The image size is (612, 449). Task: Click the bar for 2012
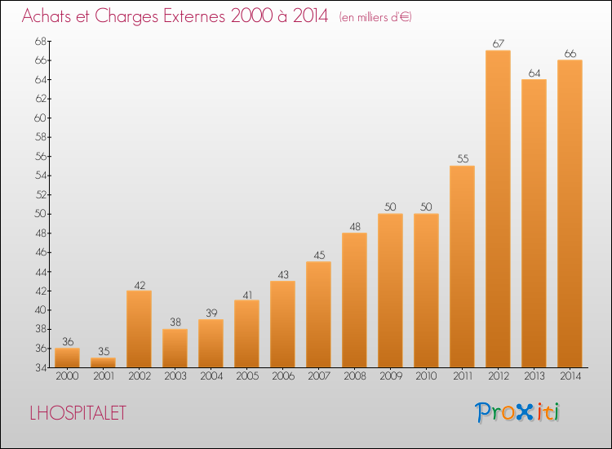click(x=498, y=209)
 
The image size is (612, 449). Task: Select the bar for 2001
click(x=103, y=362)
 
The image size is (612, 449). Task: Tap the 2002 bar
click(x=139, y=329)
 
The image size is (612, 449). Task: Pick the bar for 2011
click(x=462, y=267)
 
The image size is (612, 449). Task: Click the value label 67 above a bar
click(x=499, y=44)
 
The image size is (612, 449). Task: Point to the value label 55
click(x=463, y=159)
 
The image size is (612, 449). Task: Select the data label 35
click(x=104, y=351)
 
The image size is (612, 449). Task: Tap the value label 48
click(x=355, y=226)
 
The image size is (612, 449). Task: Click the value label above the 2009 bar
click(x=390, y=207)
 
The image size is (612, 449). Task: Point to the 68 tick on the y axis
click(x=41, y=41)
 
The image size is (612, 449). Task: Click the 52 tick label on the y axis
click(x=41, y=195)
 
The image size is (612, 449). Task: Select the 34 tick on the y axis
click(x=41, y=368)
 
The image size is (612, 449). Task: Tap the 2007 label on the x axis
click(x=319, y=376)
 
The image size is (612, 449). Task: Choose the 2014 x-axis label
click(x=570, y=376)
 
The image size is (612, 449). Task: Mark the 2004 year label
click(x=211, y=376)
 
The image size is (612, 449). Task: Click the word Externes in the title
click(x=194, y=16)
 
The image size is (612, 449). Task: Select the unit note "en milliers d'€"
click(x=375, y=18)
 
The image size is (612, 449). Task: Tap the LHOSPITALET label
click(x=78, y=413)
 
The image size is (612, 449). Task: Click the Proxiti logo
click(x=517, y=412)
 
